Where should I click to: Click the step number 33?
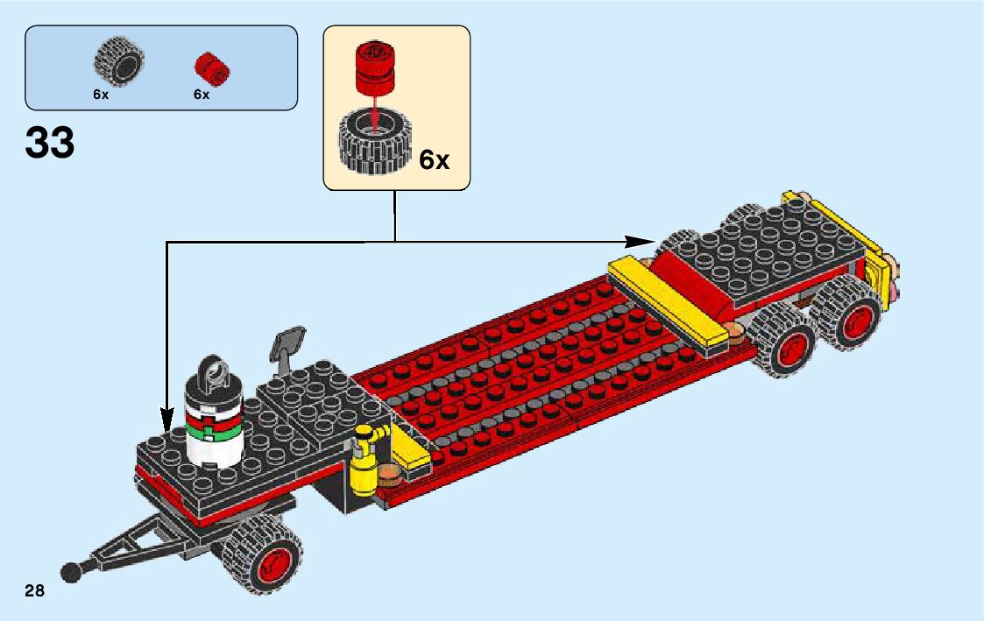tap(50, 143)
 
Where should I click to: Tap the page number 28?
tap(35, 591)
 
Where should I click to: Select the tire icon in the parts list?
tap(118, 61)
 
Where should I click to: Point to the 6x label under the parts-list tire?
tap(101, 95)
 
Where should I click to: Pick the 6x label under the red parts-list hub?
tap(202, 95)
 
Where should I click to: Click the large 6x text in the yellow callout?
tap(434, 160)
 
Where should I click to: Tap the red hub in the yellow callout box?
tap(375, 68)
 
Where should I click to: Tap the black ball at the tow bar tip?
tap(71, 571)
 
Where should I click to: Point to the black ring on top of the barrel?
tap(213, 373)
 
